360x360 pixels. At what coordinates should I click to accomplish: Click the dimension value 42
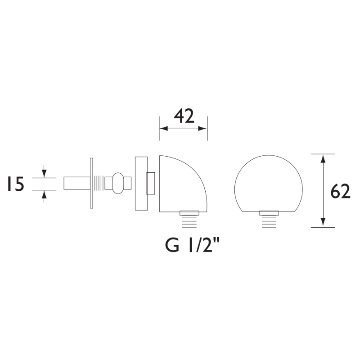click(184, 116)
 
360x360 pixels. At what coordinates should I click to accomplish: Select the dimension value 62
click(340, 192)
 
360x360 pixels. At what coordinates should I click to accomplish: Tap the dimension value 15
click(15, 184)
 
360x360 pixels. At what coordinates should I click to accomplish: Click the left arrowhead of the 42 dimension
click(162, 129)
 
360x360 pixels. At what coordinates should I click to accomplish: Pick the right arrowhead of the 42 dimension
click(204, 129)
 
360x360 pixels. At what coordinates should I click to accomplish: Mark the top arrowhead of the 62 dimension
click(323, 157)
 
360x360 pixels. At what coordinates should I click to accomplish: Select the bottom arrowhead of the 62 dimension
click(323, 224)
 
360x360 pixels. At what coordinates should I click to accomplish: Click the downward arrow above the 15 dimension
click(44, 173)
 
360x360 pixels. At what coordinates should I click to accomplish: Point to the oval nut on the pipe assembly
click(118, 183)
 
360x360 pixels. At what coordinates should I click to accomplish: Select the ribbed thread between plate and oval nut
click(99, 184)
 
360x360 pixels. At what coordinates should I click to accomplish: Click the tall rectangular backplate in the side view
click(141, 183)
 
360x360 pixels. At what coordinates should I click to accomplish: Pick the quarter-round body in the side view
click(180, 184)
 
